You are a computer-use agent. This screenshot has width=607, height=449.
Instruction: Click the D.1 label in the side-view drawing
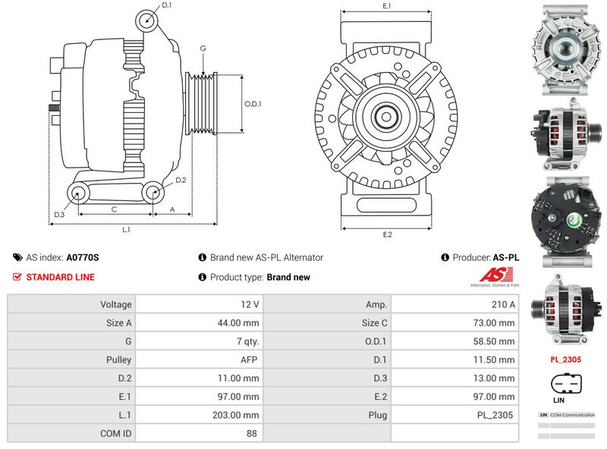pyautogui.click(x=167, y=6)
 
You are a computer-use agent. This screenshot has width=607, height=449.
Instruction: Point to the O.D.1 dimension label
pyautogui.click(x=253, y=105)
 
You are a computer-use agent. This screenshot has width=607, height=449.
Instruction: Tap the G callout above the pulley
pyautogui.click(x=203, y=49)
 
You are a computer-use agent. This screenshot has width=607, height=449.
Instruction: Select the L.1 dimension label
pyautogui.click(x=127, y=229)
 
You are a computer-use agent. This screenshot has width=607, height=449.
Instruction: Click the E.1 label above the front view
pyautogui.click(x=386, y=6)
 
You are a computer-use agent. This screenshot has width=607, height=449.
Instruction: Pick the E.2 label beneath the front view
pyautogui.click(x=387, y=234)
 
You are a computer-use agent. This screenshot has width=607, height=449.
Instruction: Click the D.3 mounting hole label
pyautogui.click(x=58, y=215)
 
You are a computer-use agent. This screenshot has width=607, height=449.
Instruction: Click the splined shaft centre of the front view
pyautogui.click(x=386, y=118)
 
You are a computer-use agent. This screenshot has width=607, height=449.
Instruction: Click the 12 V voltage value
pyautogui.click(x=251, y=304)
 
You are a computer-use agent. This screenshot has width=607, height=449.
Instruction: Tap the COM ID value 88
pyautogui.click(x=251, y=434)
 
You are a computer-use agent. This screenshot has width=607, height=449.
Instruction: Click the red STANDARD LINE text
pyautogui.click(x=60, y=277)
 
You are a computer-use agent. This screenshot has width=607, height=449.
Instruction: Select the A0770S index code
pyautogui.click(x=83, y=258)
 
